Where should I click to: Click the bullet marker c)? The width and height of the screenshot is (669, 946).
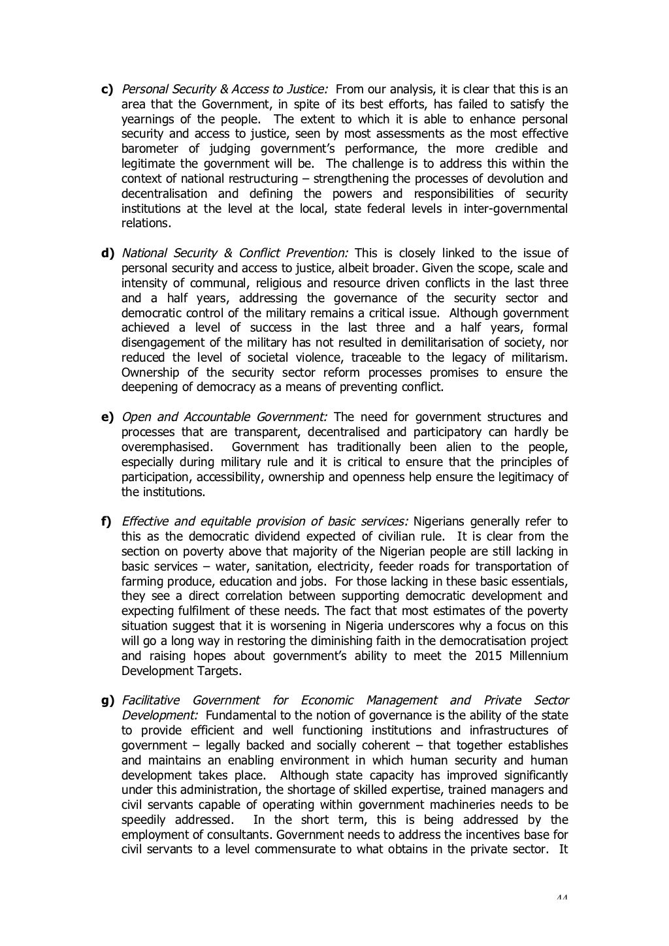coord(106,89)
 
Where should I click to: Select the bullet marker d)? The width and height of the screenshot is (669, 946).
coord(106,253)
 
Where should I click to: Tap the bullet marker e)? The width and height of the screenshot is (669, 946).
coord(106,417)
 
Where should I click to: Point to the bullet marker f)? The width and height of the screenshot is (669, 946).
coord(105,522)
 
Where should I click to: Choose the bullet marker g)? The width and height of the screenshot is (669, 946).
coord(106,701)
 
